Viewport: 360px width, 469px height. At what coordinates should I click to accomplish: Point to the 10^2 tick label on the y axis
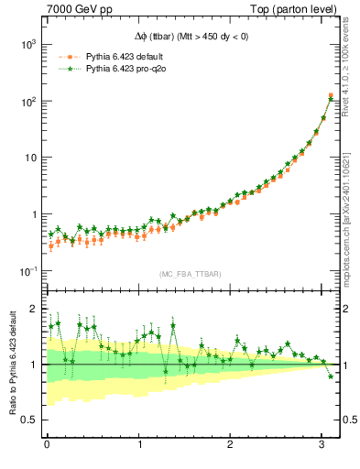point(27,101)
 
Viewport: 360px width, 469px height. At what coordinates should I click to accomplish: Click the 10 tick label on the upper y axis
point(29,158)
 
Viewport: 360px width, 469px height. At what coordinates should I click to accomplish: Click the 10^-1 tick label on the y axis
point(27,271)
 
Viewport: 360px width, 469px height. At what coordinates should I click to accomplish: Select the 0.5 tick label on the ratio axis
point(29,420)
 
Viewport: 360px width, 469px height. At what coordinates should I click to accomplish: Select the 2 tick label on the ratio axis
point(34,309)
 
